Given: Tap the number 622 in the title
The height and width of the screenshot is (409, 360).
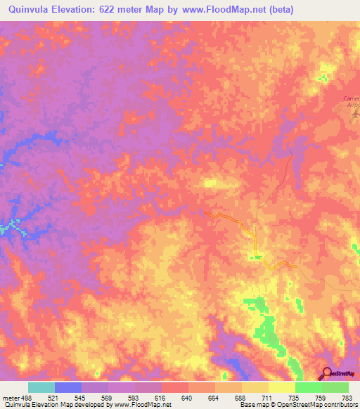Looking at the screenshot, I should [x=119, y=9].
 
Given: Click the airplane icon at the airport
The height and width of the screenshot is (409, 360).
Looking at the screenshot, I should [x=354, y=112].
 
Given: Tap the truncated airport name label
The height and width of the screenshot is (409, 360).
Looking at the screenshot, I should [x=351, y=100].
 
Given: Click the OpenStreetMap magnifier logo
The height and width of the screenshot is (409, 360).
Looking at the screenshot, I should [x=326, y=373].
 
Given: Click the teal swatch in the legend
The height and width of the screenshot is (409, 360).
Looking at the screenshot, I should [x=41, y=387].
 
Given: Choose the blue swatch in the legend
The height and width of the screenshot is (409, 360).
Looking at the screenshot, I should [x=68, y=387].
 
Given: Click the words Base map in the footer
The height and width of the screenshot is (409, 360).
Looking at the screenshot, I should [x=250, y=405].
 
